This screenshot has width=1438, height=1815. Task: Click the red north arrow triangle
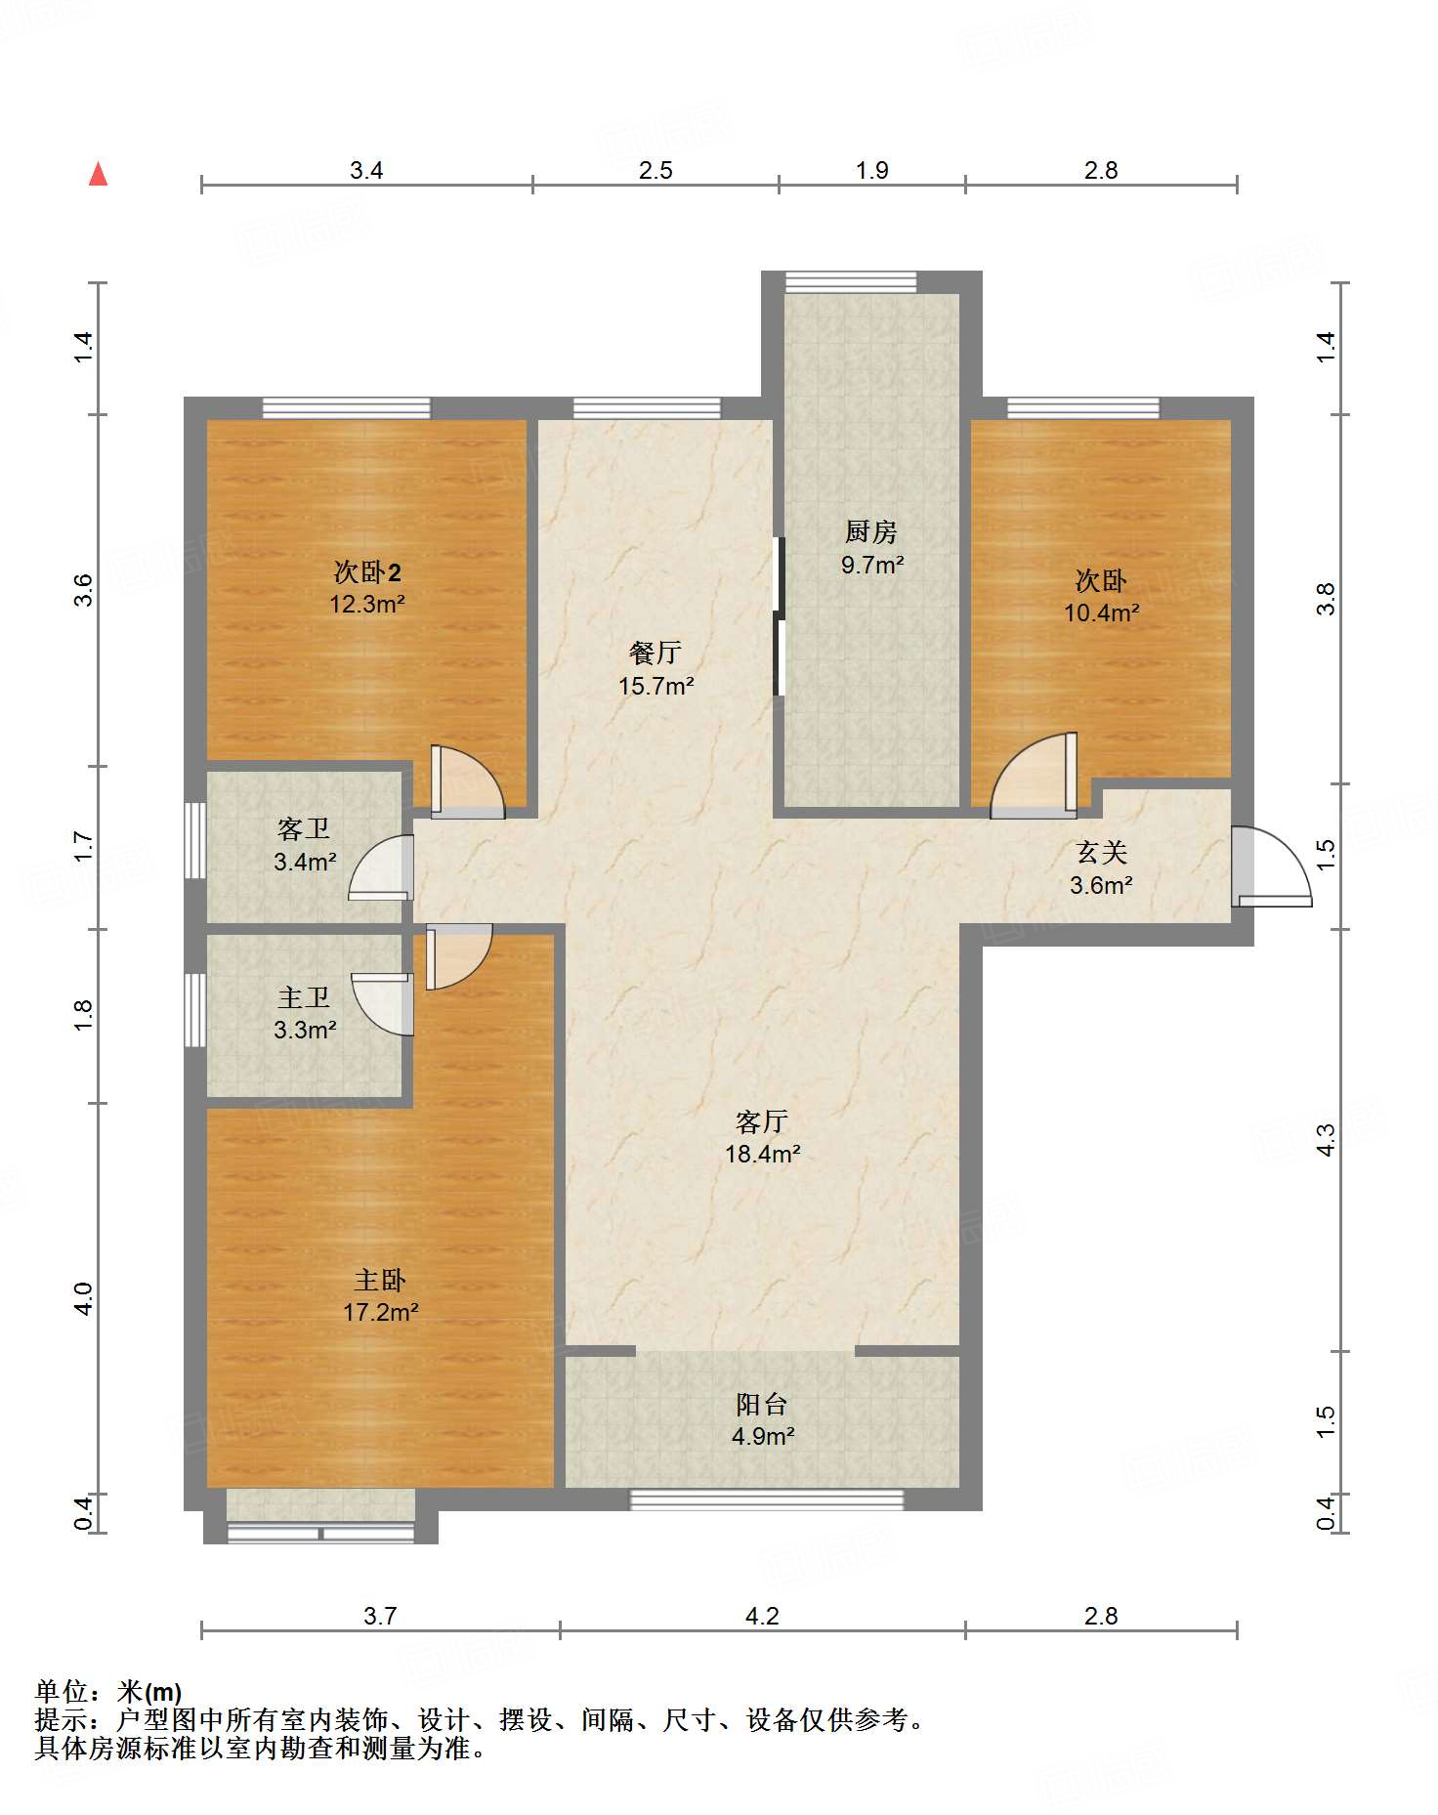click(98, 175)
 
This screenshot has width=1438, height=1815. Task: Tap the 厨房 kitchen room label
click(870, 532)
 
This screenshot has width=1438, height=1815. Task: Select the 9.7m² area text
click(871, 565)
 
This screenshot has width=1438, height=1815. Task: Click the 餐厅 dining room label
click(656, 653)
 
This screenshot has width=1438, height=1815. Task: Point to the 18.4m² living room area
click(762, 1154)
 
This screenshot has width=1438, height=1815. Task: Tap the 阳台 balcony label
click(762, 1405)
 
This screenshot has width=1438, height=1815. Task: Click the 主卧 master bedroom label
click(380, 1280)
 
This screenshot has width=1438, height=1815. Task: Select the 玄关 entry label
click(1102, 853)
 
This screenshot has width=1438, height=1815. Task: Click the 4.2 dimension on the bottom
click(762, 1617)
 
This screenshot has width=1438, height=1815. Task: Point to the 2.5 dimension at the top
click(656, 171)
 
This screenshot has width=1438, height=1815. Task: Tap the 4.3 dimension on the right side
click(1326, 1140)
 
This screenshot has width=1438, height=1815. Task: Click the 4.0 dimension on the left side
click(84, 1298)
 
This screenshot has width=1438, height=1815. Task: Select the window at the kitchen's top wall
click(851, 282)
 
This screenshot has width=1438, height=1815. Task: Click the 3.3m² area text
click(305, 1030)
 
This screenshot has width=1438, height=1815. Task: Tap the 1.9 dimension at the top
click(872, 171)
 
